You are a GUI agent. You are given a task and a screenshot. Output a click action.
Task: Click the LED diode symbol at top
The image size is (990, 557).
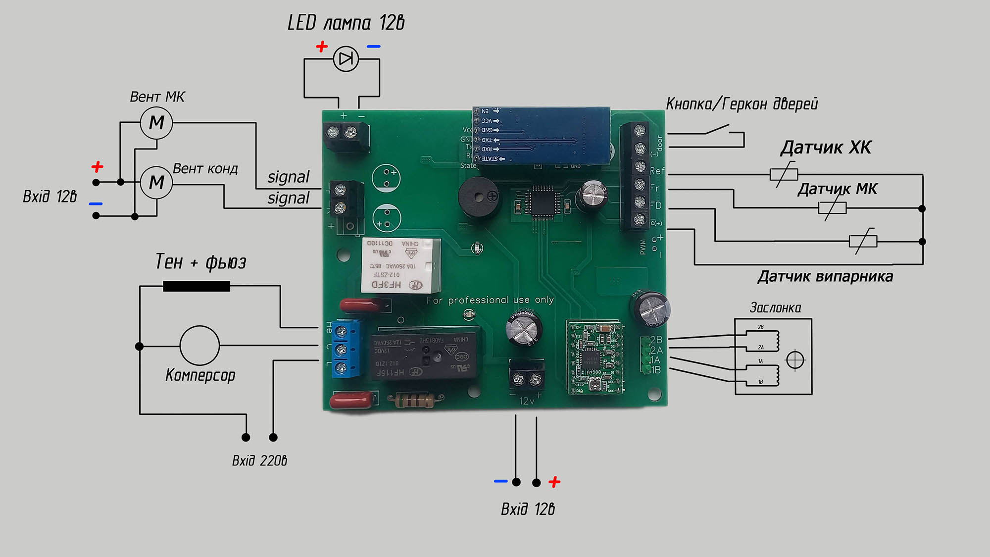click(346, 59)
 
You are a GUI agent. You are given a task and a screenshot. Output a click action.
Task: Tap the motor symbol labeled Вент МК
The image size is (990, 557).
click(156, 122)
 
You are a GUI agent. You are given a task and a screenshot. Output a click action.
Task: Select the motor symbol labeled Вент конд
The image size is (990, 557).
click(156, 183)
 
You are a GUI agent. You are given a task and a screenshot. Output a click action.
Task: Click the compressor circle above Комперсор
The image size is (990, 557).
click(199, 345)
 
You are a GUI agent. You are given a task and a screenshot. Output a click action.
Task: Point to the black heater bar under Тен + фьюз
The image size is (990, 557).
click(197, 286)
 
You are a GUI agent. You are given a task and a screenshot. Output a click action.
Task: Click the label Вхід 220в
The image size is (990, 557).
click(259, 461)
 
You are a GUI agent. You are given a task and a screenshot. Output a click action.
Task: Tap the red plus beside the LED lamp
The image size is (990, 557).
click(322, 47)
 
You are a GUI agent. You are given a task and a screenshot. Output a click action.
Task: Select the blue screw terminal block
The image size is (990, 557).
click(346, 350)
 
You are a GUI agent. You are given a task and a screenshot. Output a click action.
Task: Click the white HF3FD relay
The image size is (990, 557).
click(401, 265)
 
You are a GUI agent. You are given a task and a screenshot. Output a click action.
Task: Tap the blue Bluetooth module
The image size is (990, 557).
click(541, 135)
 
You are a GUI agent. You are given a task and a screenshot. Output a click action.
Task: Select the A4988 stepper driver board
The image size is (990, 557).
click(594, 357)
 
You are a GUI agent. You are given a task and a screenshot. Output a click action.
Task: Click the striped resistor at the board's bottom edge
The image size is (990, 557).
click(415, 400)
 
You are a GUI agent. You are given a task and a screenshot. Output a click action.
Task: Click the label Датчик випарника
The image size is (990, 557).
click(825, 277)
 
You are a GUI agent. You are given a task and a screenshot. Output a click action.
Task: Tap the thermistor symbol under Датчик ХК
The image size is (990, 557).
click(784, 174)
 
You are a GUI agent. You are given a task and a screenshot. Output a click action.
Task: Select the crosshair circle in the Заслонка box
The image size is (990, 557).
click(795, 359)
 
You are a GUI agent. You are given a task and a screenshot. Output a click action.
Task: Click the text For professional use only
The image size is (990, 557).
click(490, 300)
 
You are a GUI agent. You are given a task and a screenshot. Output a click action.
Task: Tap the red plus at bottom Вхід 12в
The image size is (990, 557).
click(554, 482)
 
